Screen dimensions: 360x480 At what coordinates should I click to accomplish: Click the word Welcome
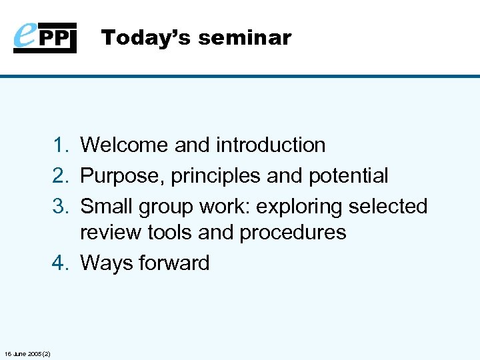pyautogui.click(x=124, y=145)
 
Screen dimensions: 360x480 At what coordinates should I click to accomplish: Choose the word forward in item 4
pyautogui.click(x=174, y=263)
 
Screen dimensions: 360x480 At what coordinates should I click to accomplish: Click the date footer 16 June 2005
pyautogui.click(x=31, y=353)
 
